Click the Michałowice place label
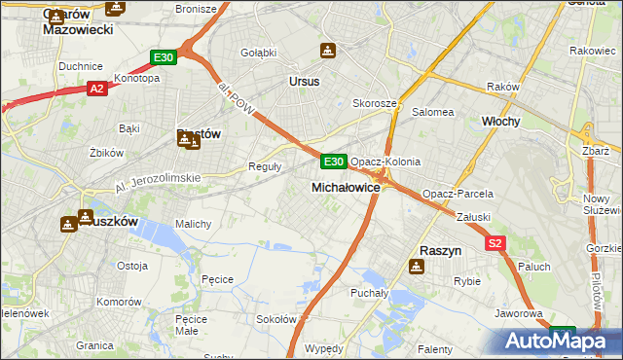pos(345,186)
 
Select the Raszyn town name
pos(439,250)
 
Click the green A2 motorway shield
pos(96,89)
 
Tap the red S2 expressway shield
pos(495,244)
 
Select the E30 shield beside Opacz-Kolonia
pos(333,161)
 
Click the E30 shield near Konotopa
pos(163,57)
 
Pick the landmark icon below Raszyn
pos(417,268)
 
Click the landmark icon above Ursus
pos(329,51)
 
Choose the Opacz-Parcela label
pos(451,194)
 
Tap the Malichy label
pos(193,223)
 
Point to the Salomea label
pos(433,112)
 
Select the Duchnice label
pos(81,66)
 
